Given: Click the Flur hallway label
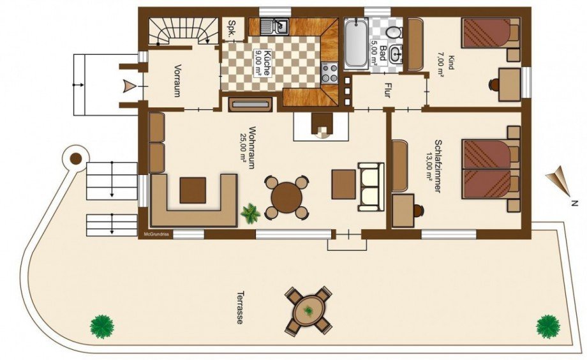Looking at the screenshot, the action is tap(387, 91).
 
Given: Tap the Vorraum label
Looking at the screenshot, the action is tap(177, 81).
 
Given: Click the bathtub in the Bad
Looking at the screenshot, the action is tap(355, 44).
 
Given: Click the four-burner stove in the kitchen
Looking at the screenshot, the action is tap(329, 73).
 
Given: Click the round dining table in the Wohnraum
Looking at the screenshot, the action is tap(286, 197).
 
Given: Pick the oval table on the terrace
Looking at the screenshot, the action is tap(308, 311).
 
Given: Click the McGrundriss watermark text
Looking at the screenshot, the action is tap(156, 234).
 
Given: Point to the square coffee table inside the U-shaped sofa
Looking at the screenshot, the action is tap(193, 190).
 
